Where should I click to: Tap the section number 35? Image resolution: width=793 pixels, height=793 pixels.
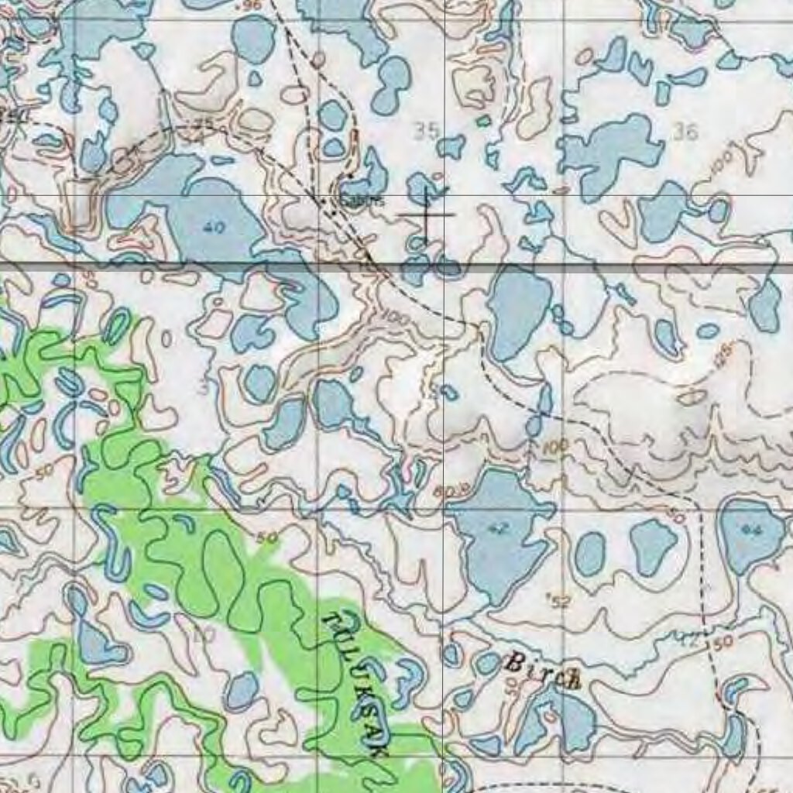426,131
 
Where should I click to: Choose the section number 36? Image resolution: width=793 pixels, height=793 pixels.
685,132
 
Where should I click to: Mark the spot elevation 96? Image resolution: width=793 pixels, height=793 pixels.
250,5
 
